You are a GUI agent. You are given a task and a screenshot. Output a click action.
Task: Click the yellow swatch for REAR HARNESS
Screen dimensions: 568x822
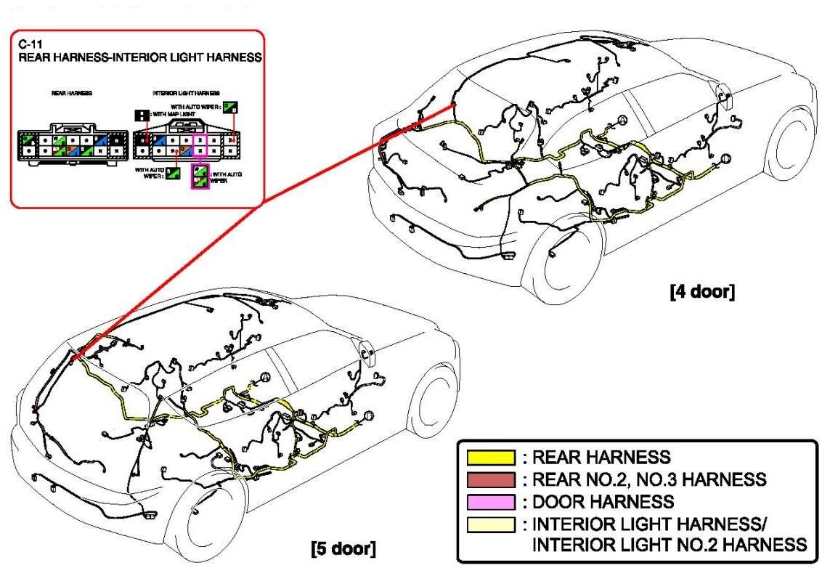(x=491, y=458)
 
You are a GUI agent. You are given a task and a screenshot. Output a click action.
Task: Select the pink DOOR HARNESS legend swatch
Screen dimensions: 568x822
(x=491, y=501)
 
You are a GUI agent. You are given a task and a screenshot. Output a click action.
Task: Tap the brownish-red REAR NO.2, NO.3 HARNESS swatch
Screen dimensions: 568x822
(x=491, y=479)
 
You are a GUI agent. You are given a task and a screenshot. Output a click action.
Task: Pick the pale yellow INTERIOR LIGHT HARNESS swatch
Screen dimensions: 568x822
(x=491, y=524)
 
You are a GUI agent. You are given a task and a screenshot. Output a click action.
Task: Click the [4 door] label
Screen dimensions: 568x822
(x=701, y=291)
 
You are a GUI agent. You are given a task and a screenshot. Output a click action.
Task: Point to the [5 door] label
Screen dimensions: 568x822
(x=343, y=546)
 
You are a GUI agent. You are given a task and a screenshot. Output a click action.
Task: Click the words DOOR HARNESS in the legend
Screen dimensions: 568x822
(x=603, y=501)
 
